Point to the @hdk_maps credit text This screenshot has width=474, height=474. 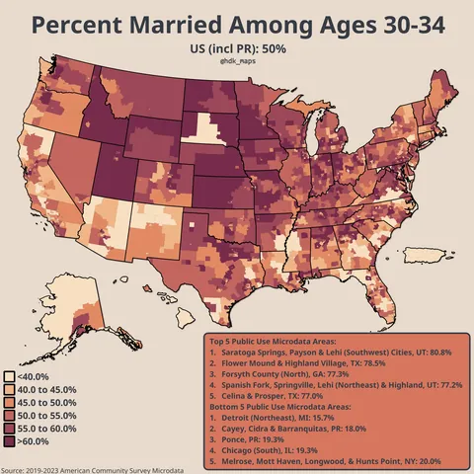[237, 61]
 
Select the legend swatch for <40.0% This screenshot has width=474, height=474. [9, 376]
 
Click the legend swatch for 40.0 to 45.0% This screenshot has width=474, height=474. [9, 390]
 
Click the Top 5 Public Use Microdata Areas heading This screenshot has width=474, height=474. [277, 341]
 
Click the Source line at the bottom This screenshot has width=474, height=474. [92, 470]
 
